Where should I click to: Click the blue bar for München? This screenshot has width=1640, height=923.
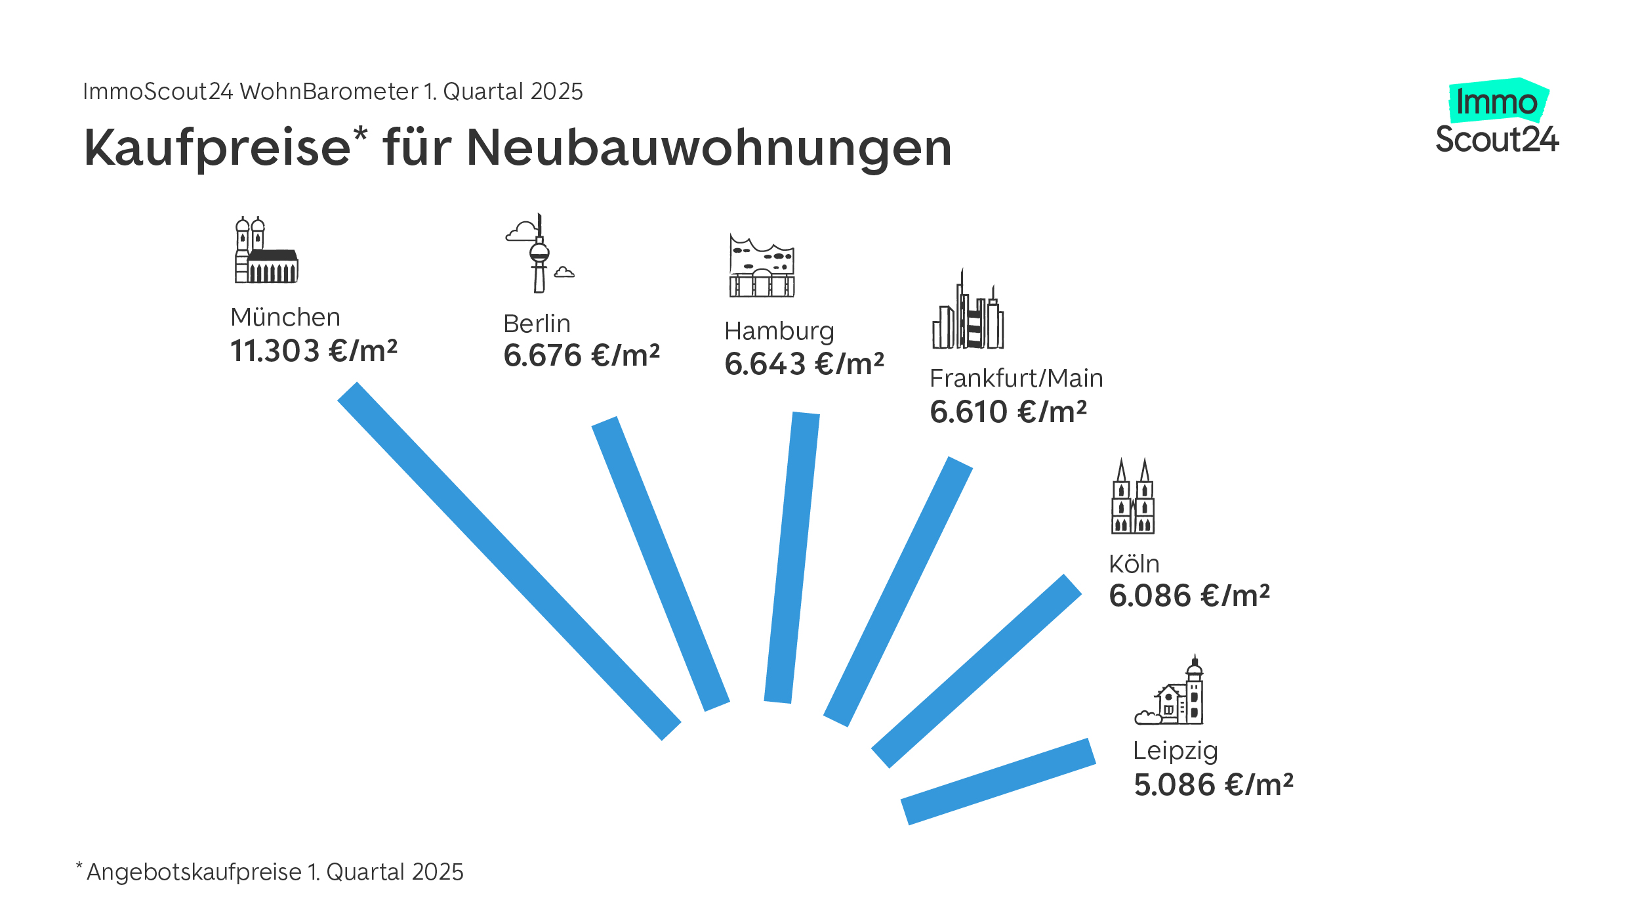509,561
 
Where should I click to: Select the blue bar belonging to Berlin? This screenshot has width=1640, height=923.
661,564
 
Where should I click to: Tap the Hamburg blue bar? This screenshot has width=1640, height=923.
792,558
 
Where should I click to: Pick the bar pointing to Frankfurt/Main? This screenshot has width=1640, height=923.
898,591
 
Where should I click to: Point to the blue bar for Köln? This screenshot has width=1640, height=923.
976,672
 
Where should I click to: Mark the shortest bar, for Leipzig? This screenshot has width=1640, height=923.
998,781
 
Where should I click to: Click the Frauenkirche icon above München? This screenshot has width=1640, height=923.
266,250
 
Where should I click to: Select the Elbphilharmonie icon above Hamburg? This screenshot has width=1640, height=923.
762,266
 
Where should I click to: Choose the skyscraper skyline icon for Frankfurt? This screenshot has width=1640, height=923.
968,311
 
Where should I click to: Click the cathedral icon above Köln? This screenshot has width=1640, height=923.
1133,497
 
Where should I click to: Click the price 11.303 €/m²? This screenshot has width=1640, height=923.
314,351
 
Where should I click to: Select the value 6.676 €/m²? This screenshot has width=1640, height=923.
581,355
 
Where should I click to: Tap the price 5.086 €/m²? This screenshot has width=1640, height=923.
1214,784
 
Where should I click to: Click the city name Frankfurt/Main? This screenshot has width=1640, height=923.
1016,379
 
